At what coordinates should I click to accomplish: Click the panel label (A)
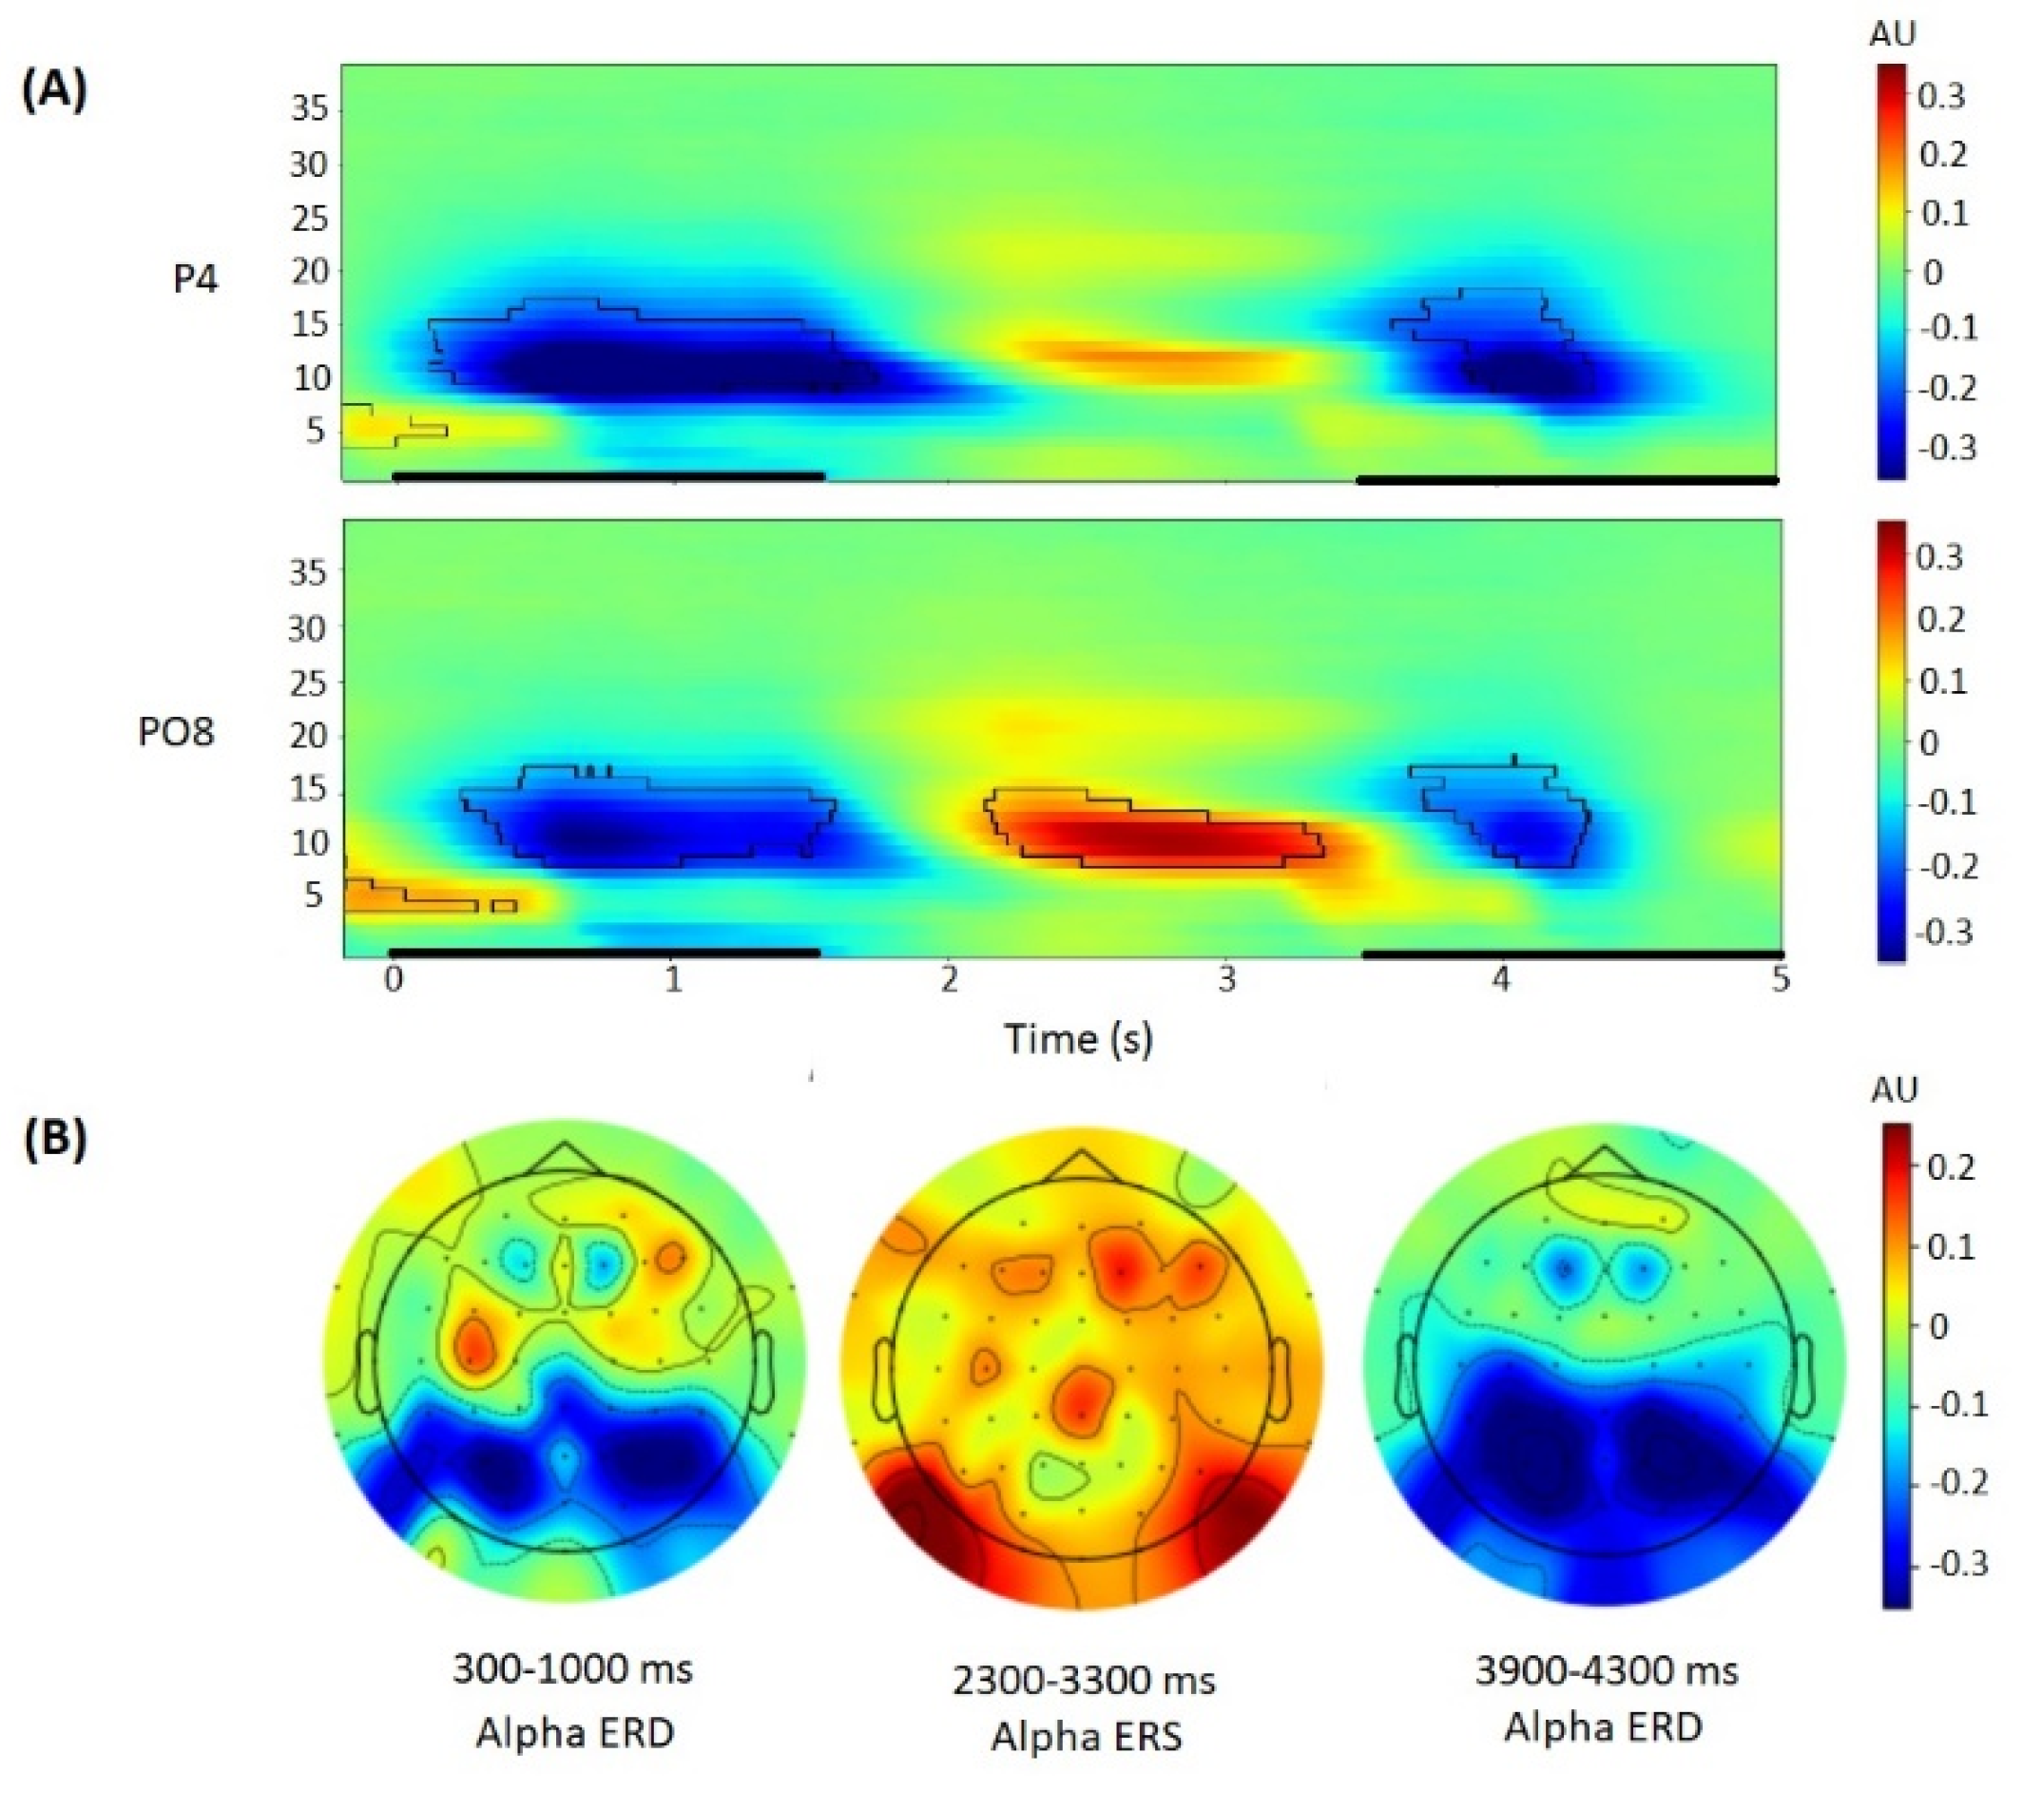(x=54, y=89)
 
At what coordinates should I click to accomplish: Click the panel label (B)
(x=54, y=1140)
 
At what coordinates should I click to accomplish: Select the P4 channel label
(x=195, y=279)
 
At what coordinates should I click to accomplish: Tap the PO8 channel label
(x=176, y=732)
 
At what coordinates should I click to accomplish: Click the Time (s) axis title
(x=1078, y=1039)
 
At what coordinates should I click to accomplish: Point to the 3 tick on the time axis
(x=1225, y=980)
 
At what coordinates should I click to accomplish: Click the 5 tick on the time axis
(x=1780, y=980)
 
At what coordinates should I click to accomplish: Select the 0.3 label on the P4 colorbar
(x=1941, y=97)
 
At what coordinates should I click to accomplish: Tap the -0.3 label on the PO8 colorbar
(x=1943, y=932)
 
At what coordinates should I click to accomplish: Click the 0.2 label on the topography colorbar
(x=1948, y=1166)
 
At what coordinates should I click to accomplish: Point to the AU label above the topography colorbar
(x=1893, y=1088)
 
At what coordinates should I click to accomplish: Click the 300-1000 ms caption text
(x=572, y=1668)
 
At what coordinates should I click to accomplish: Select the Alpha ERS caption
(x=1086, y=1736)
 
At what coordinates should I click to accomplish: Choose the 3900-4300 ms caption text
(x=1607, y=1670)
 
